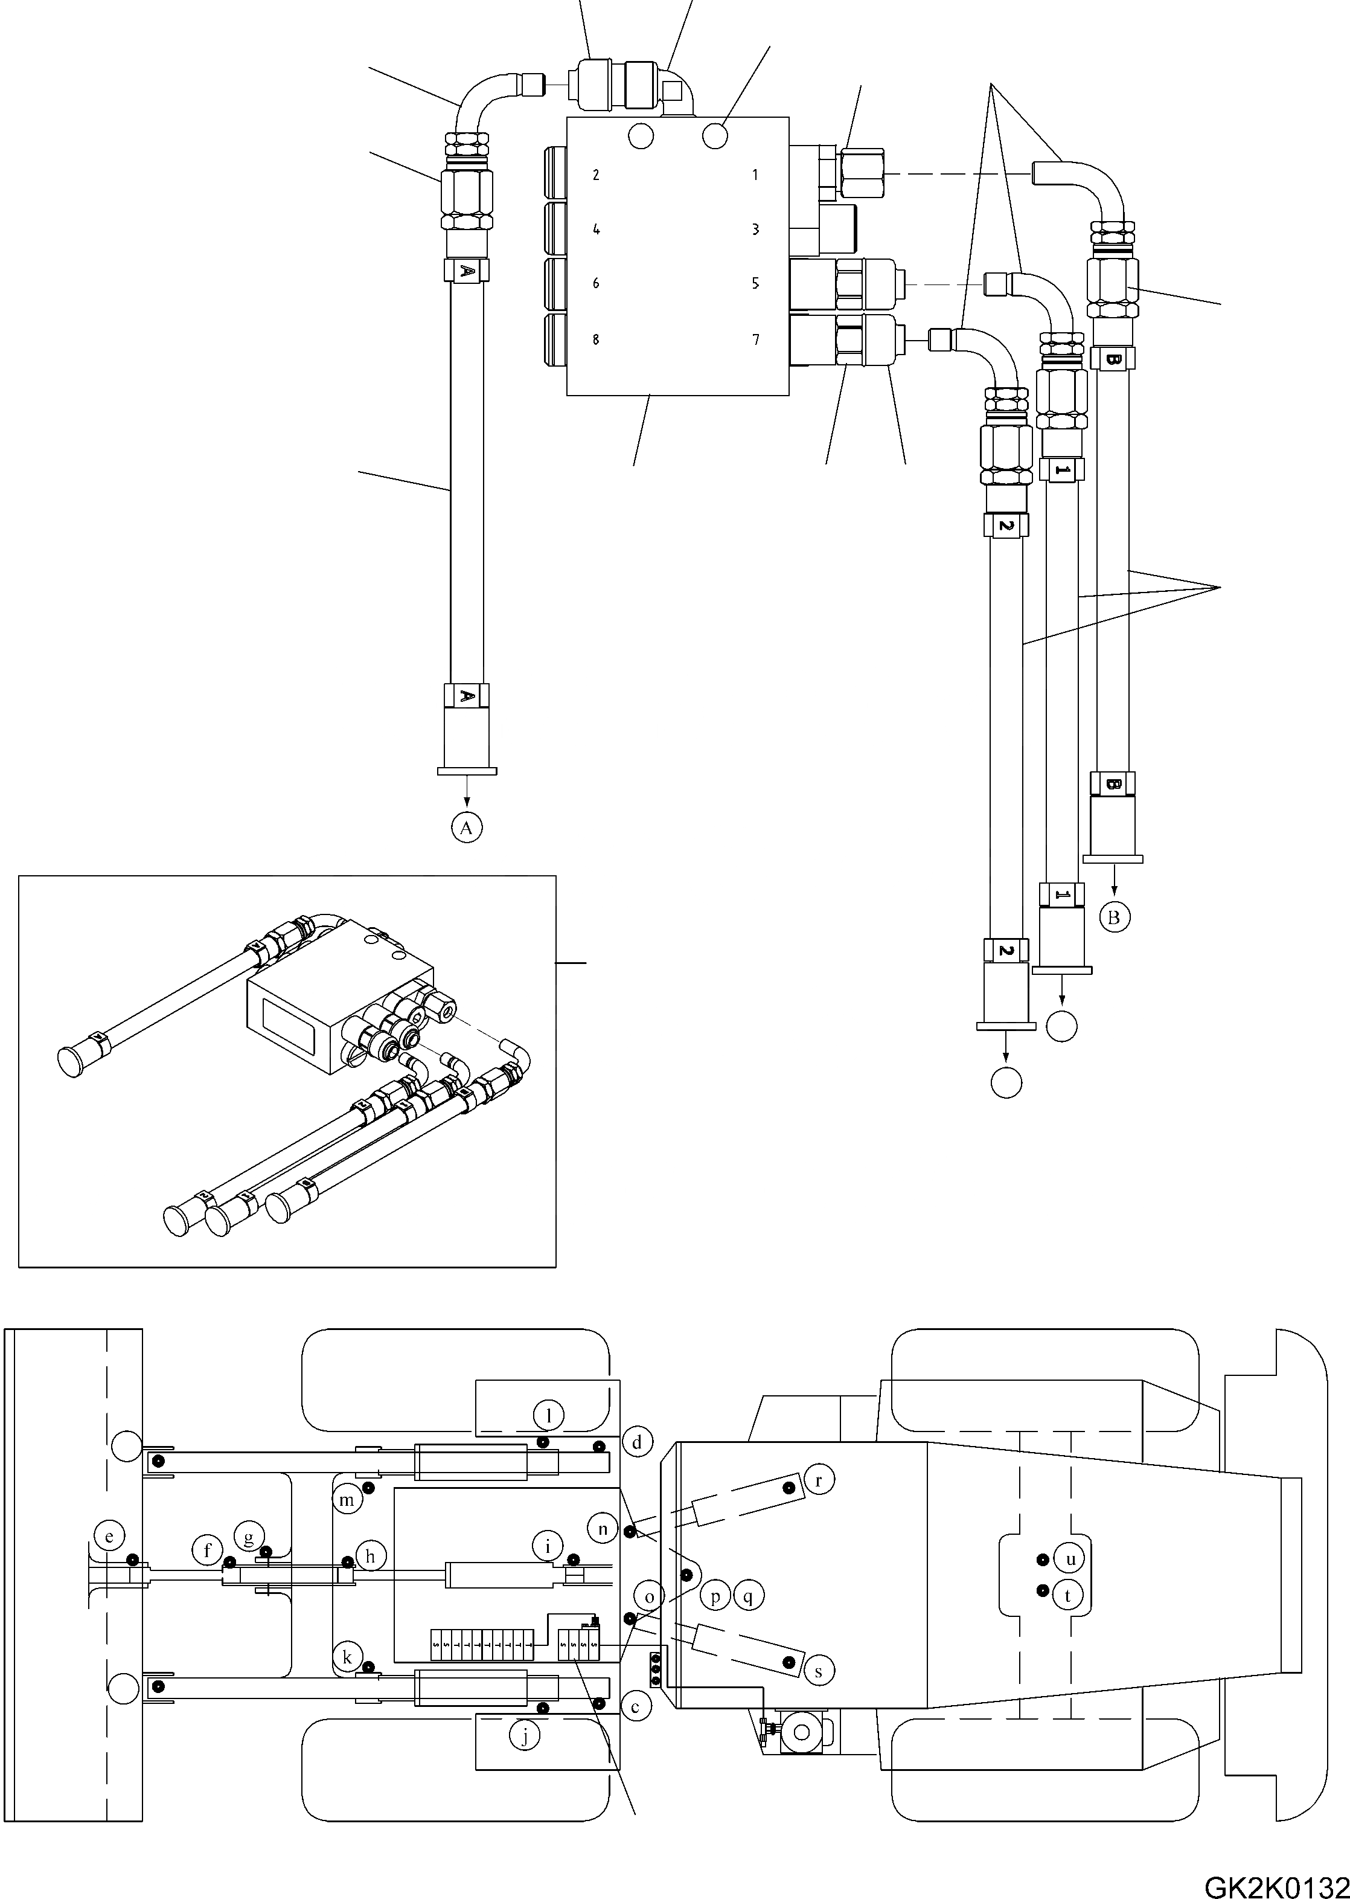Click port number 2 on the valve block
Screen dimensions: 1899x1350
coord(596,175)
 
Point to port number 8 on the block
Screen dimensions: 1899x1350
coord(596,339)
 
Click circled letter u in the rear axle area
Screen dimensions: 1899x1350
coord(1070,1559)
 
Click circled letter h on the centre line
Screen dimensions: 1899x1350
coord(371,1554)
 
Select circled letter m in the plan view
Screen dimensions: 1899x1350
coord(347,1500)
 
